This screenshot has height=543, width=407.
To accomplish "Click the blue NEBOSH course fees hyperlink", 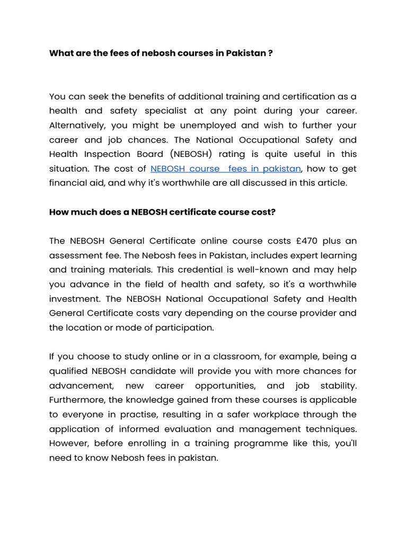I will click(226, 169).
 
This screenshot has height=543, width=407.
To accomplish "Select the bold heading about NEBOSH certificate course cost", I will click(162, 212).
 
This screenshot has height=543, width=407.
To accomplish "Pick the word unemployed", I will click(207, 126).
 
